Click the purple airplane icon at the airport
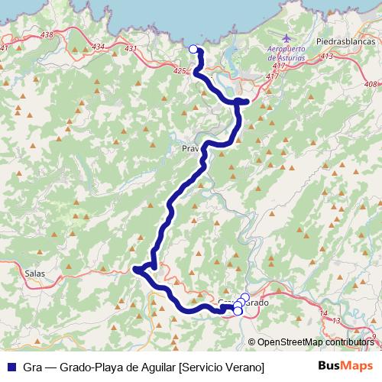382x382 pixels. pos(286,38)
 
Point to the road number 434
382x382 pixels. pos(98,47)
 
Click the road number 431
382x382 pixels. pos(131,49)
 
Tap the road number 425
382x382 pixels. pos(180,71)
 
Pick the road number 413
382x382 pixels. pos(328,57)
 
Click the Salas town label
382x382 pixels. pos(35,273)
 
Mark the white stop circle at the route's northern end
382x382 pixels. pos(193,50)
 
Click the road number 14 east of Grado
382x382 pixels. pos(324,313)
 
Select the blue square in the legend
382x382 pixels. pos(11,367)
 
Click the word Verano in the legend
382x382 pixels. pos(244,367)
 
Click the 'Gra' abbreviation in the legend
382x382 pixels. pos(34,367)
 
